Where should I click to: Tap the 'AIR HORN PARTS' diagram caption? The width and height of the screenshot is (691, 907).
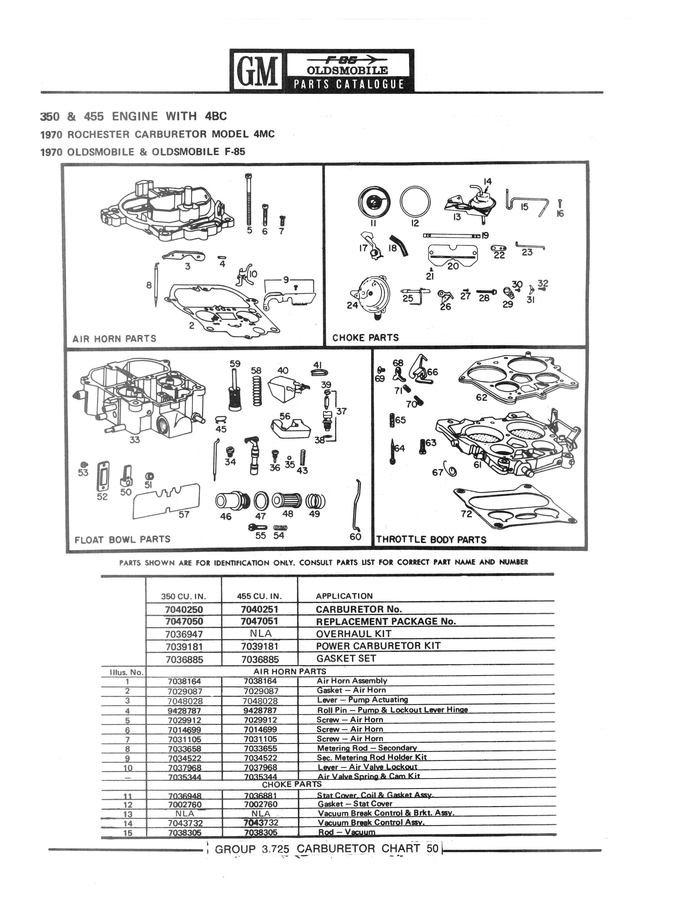pos(114,339)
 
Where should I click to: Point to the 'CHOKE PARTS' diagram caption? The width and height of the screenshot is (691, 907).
pos(365,338)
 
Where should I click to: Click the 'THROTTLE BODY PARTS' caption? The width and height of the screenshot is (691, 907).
pos(431,540)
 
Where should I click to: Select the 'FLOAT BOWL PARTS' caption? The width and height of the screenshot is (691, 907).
pos(122,539)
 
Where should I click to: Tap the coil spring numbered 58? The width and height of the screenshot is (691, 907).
pos(256,391)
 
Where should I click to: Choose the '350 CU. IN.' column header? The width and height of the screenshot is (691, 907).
pos(183,596)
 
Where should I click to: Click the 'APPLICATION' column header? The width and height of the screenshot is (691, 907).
pos(344,596)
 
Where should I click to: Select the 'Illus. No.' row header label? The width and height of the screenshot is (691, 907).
pos(127,673)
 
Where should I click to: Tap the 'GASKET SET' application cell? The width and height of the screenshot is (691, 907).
pos(346,658)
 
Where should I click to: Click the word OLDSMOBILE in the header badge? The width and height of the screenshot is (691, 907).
pos(347,70)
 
